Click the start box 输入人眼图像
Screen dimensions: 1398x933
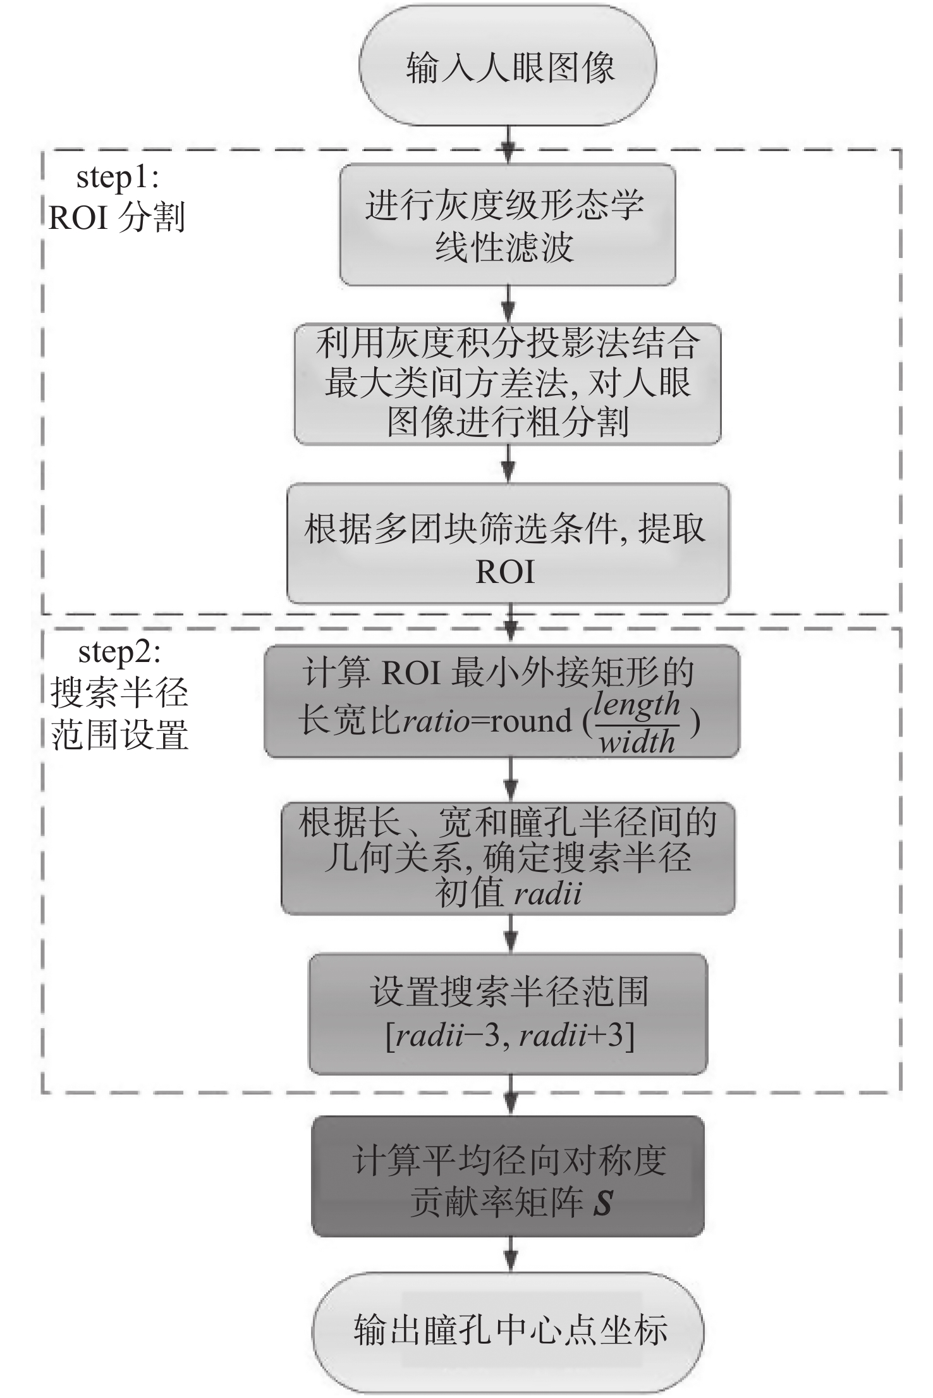tap(508, 66)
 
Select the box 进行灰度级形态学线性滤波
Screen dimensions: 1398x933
tap(508, 225)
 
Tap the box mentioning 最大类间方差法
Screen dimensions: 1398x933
tap(508, 384)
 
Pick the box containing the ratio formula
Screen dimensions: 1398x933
tap(502, 701)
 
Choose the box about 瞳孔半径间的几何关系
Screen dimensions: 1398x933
tap(508, 859)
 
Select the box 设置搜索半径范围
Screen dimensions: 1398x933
tap(508, 1014)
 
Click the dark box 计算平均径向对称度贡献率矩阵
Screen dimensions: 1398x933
tap(508, 1176)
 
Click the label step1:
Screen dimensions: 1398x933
tap(118, 178)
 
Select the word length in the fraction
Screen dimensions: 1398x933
tap(637, 704)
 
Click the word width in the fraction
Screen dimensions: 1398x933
tap(637, 741)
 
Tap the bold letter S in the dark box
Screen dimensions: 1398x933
tap(602, 1201)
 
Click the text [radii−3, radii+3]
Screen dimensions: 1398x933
tap(509, 1036)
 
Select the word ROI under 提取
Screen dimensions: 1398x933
tap(505, 571)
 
